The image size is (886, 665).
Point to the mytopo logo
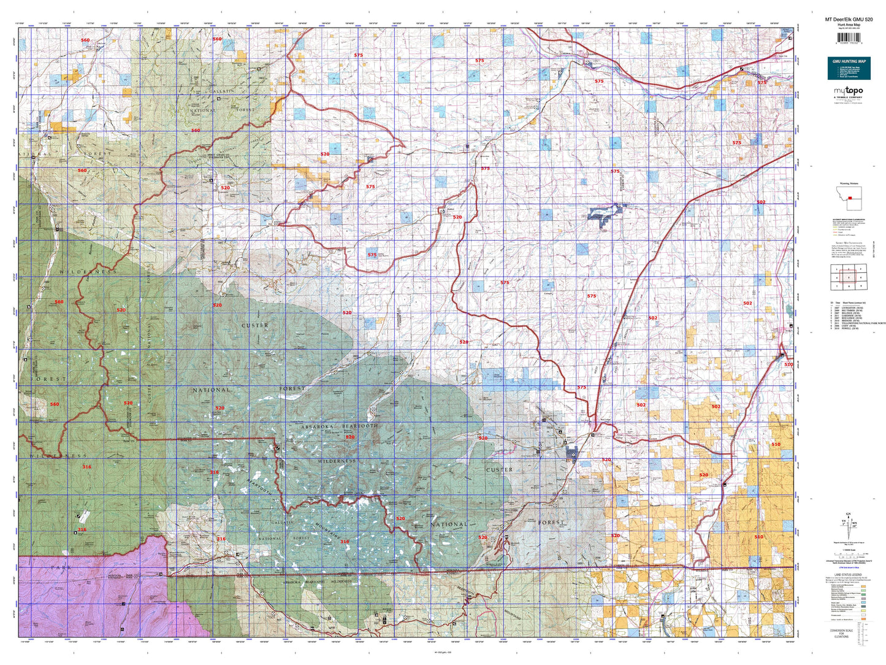tap(848, 91)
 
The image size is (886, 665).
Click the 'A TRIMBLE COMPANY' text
tap(848, 98)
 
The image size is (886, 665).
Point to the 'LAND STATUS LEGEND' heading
tap(847, 575)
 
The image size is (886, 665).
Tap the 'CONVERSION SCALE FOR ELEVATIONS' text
tap(849, 634)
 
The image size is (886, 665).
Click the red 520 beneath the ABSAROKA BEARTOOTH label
tap(350, 437)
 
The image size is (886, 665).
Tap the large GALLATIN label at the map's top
tap(223, 91)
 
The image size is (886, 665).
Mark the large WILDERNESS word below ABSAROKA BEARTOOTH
tap(337, 461)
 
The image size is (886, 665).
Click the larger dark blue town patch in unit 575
tap(605, 215)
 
